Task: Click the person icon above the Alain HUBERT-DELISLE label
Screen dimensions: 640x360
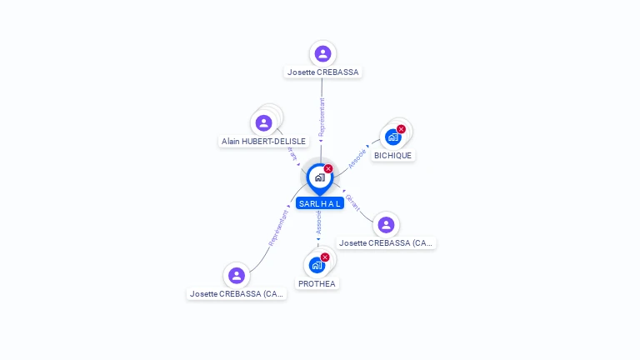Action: point(264,122)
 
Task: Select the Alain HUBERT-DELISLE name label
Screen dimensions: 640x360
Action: point(263,142)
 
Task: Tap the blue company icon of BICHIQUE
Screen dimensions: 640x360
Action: point(392,137)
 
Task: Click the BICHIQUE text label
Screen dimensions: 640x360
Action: point(392,155)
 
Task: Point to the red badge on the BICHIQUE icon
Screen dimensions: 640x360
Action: point(401,129)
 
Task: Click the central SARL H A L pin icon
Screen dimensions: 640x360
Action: point(319,177)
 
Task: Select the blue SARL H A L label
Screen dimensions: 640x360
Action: point(320,203)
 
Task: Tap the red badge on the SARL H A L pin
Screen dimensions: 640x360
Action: point(328,169)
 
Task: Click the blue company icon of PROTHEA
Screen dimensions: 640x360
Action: point(316,266)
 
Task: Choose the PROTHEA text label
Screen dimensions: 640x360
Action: point(317,283)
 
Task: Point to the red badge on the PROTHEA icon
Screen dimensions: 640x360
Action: point(325,257)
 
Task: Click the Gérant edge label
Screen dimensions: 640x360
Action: point(353,201)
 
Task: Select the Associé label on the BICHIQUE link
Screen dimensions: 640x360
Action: point(357,157)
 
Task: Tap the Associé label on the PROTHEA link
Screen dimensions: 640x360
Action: point(318,222)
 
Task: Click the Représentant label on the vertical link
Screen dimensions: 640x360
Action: point(322,117)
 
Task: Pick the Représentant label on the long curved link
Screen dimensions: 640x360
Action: point(278,227)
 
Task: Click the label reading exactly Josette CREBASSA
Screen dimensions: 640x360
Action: point(322,72)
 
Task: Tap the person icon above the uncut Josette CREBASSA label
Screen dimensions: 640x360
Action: point(322,53)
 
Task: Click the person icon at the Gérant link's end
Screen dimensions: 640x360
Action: point(385,224)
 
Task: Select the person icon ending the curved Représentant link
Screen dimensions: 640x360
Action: point(237,275)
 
